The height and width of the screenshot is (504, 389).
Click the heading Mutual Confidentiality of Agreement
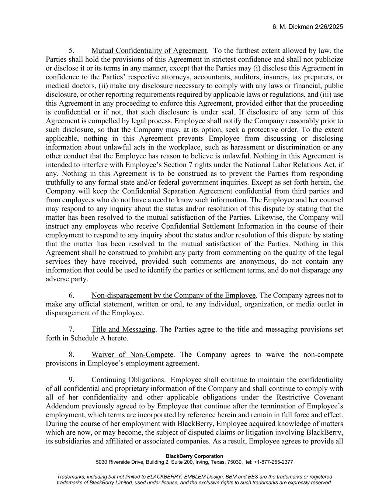click(149, 51)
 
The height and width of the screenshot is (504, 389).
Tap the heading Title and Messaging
click(123, 329)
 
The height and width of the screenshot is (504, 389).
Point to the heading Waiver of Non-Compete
click(132, 355)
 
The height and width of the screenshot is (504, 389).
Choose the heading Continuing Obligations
click(128, 380)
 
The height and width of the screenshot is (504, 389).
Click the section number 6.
click(72, 295)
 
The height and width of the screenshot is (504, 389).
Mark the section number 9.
click(72, 380)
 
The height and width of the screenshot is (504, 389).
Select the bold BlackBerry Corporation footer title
click(194, 456)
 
